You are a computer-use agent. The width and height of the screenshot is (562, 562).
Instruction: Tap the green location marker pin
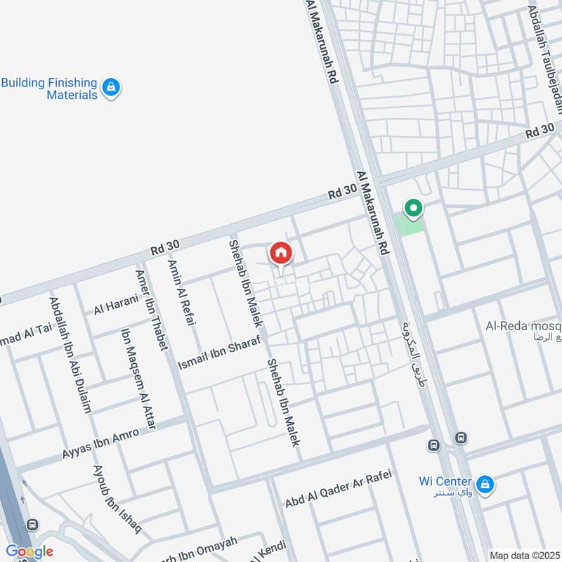tap(413, 208)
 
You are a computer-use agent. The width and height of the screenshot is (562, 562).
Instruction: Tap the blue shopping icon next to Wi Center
tap(484, 484)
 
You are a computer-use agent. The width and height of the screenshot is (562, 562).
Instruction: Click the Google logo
tap(30, 551)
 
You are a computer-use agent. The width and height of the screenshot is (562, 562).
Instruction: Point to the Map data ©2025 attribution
tap(523, 555)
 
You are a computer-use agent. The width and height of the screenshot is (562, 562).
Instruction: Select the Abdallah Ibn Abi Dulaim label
tap(70, 354)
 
